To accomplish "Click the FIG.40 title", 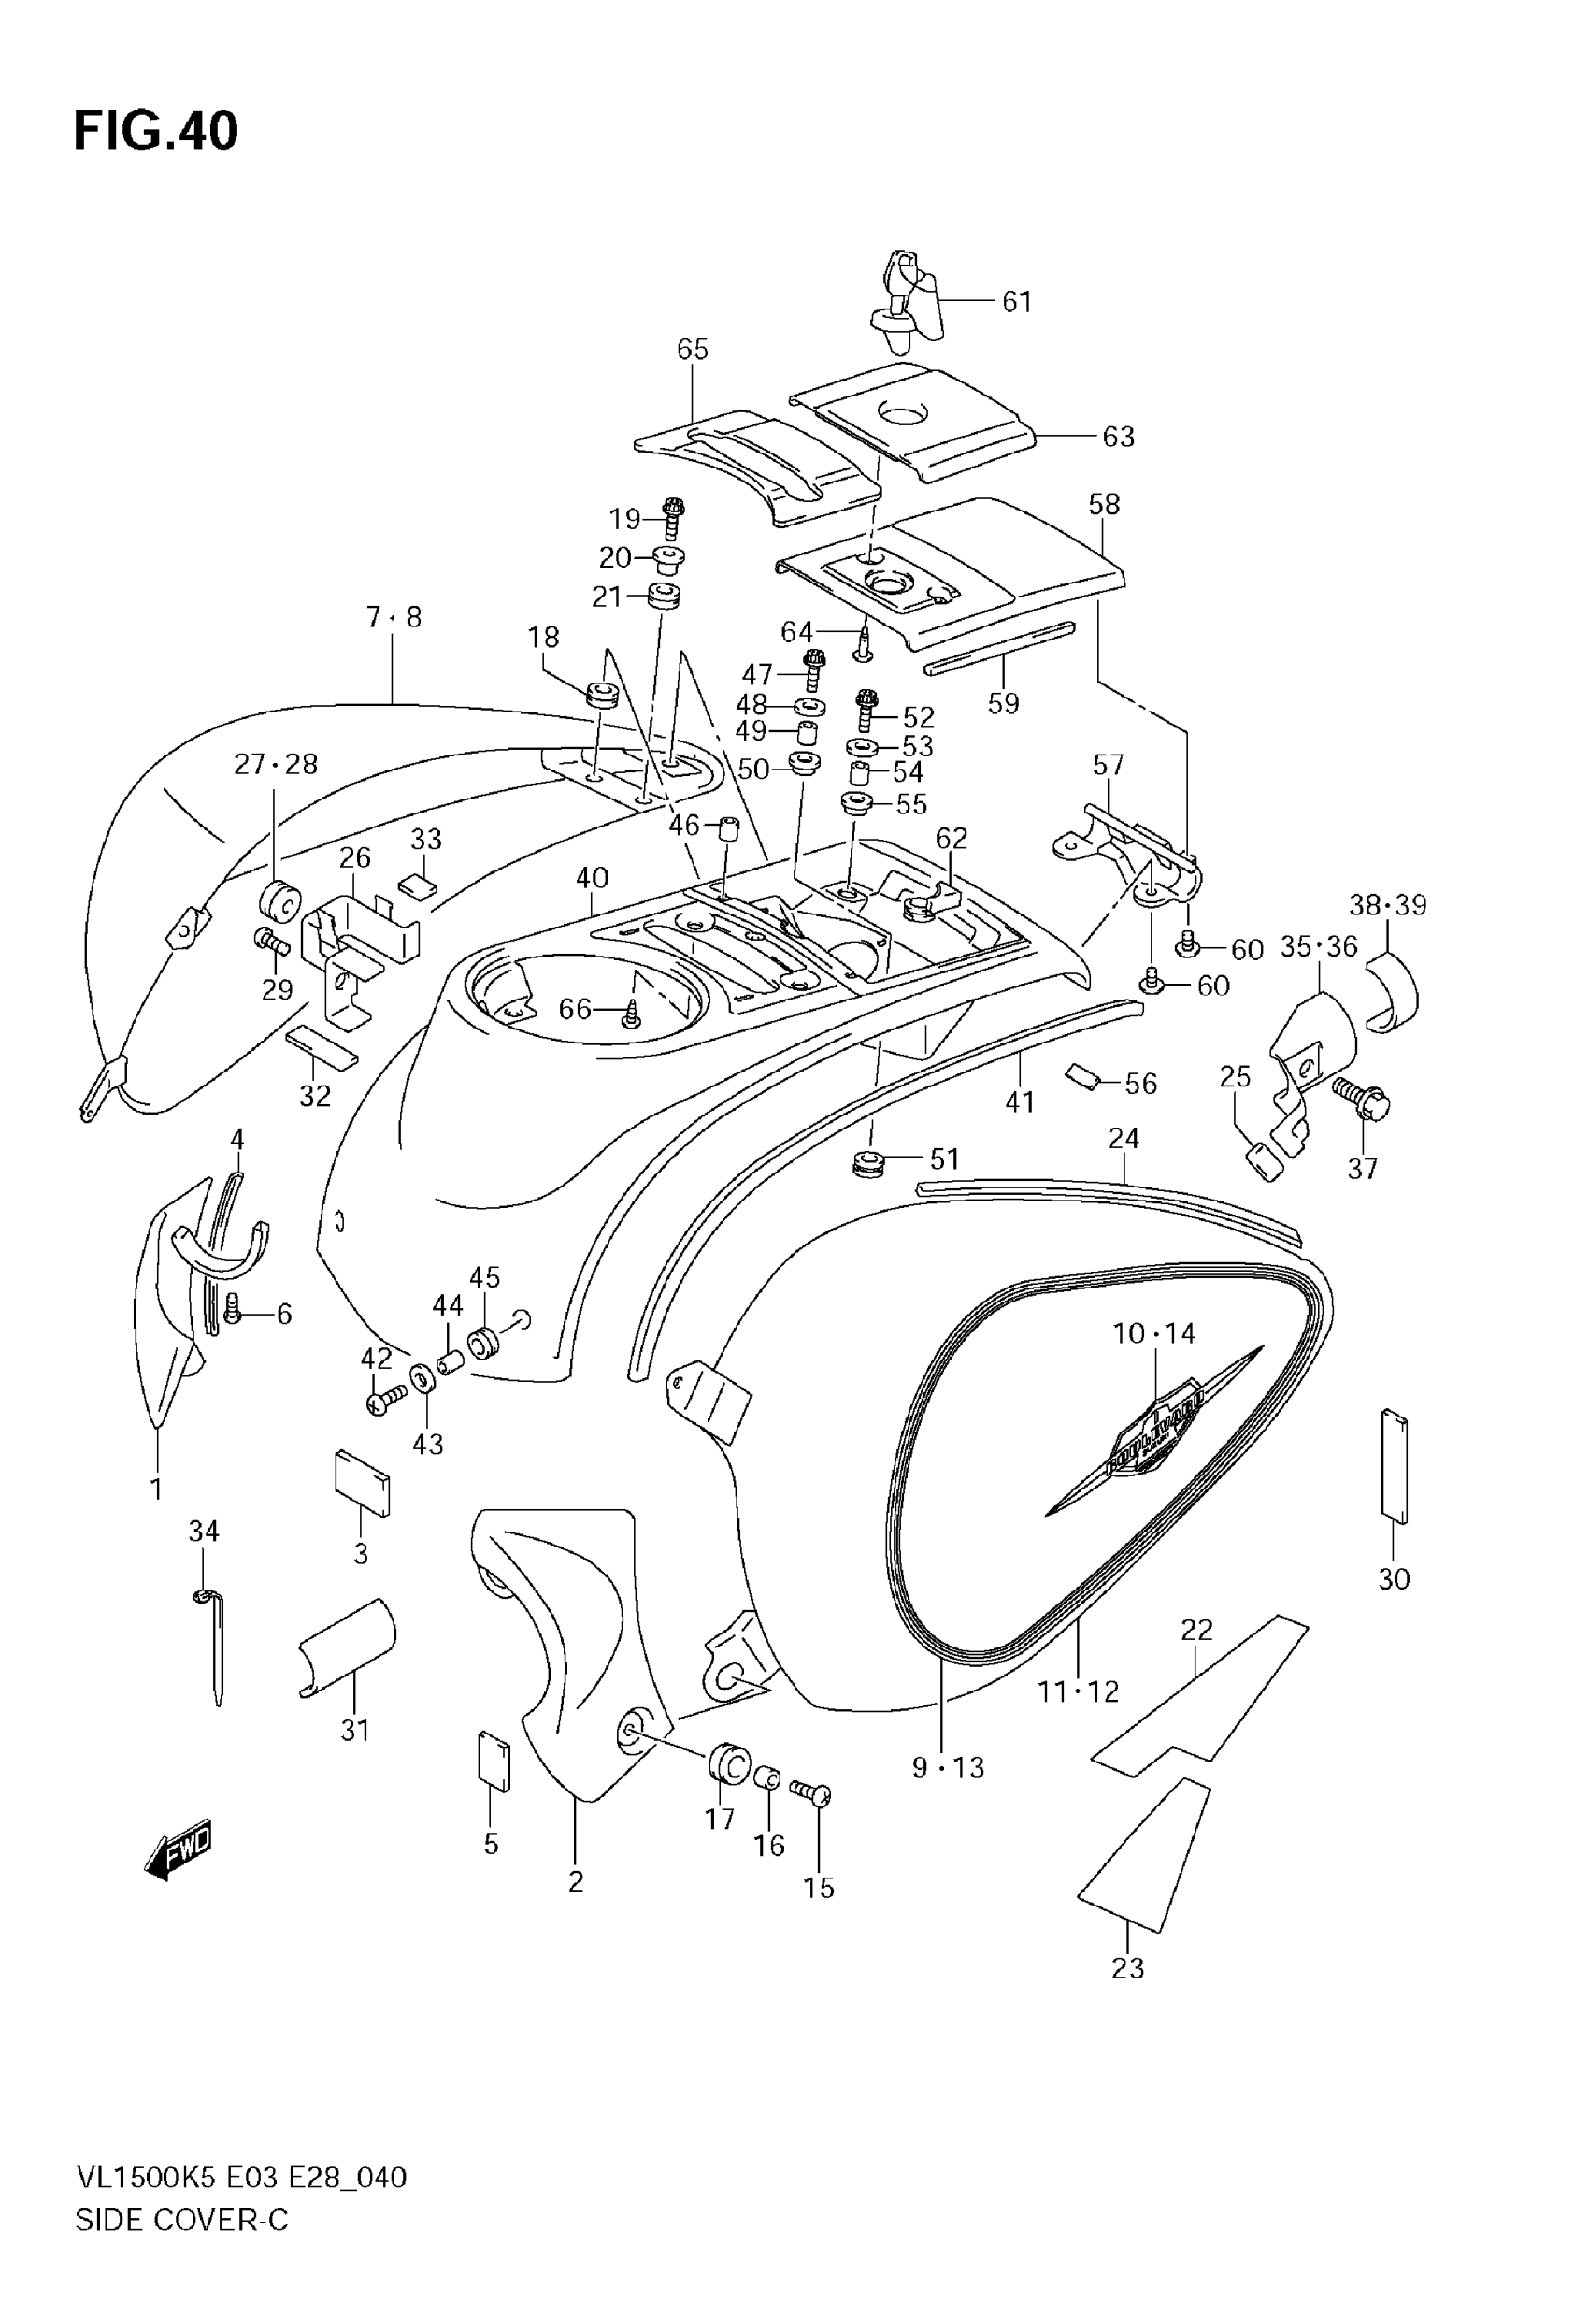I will (x=156, y=132).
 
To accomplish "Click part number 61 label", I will (x=1017, y=302).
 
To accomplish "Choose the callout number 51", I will (x=944, y=1159).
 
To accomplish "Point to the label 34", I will (x=204, y=1531).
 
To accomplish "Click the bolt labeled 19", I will (x=675, y=518).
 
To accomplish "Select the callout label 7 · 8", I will (x=394, y=618).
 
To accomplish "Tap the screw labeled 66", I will (x=631, y=1014).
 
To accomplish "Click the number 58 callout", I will (x=1104, y=505).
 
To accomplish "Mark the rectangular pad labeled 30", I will (x=1394, y=1468).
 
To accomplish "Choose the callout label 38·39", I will (x=1387, y=905).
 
